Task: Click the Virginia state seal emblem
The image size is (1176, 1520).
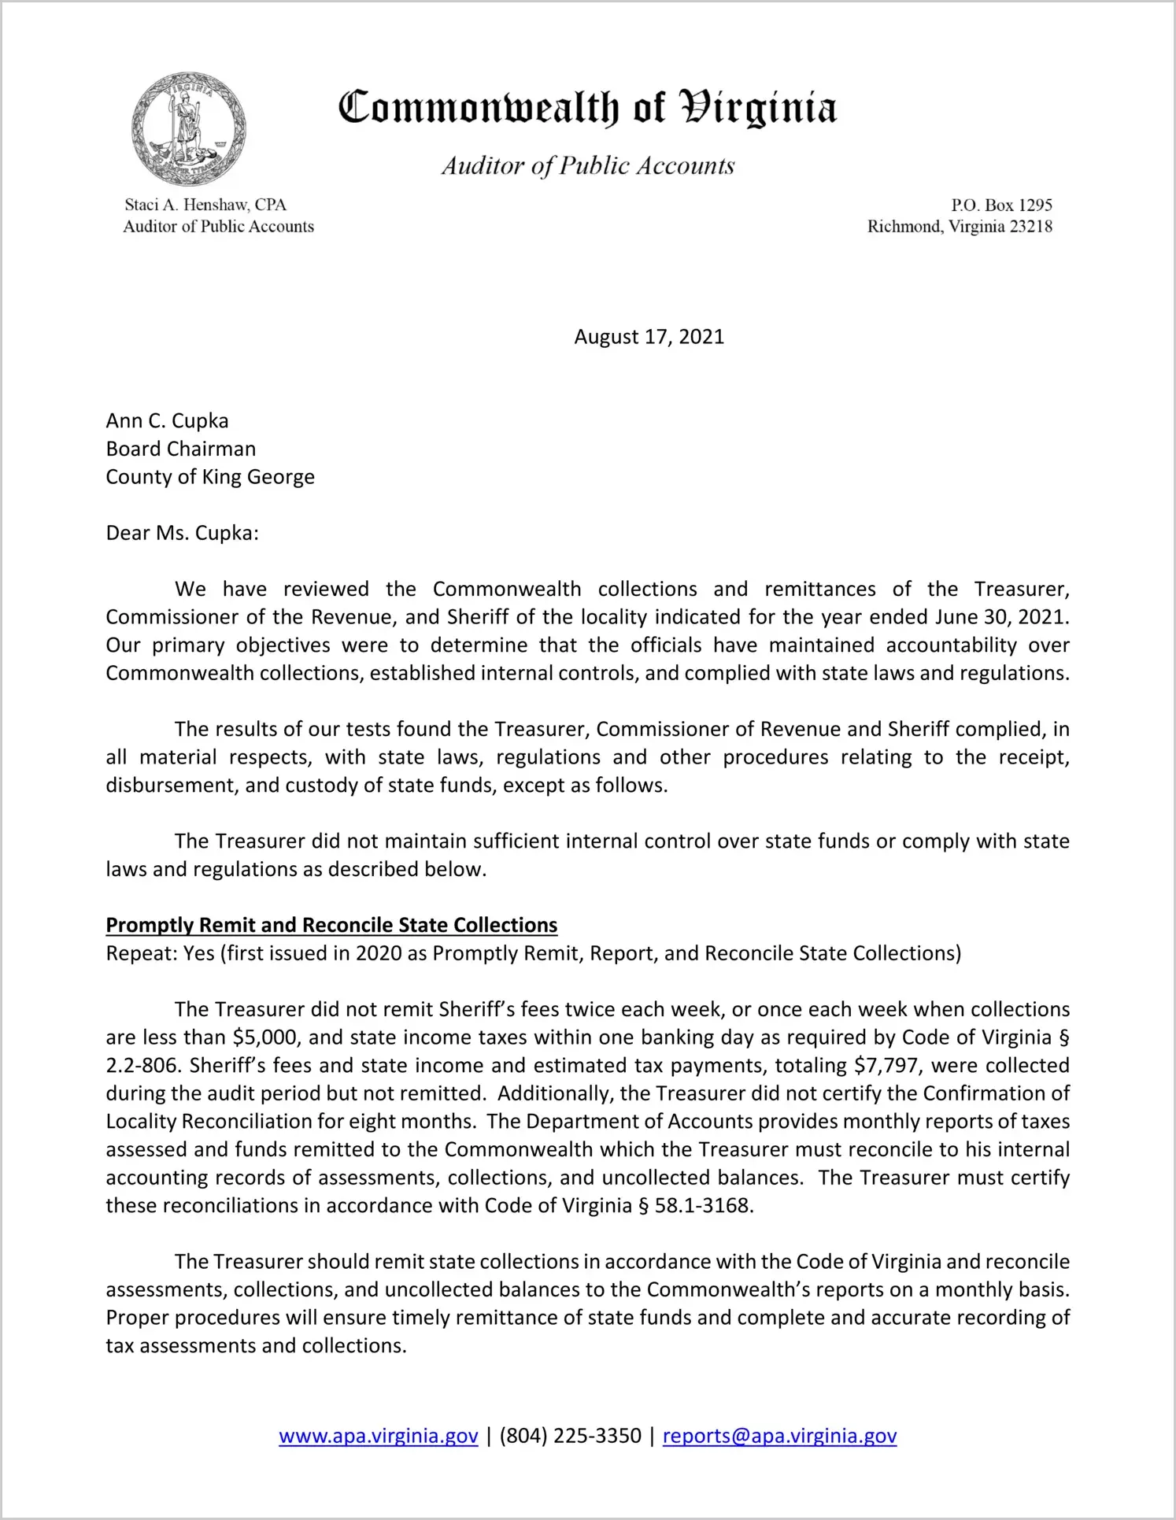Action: (188, 129)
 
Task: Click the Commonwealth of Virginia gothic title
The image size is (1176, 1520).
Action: (587, 108)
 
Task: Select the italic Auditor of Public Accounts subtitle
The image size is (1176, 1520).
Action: (587, 166)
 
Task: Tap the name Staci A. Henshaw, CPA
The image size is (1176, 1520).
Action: (205, 205)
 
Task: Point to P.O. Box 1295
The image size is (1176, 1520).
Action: (1001, 205)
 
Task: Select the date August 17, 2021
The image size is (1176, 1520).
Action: (649, 337)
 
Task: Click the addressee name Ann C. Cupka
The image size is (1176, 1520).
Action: (167, 421)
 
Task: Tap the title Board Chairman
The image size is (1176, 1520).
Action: (181, 449)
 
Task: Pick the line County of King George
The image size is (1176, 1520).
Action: (210, 477)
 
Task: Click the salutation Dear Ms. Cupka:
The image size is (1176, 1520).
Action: (182, 533)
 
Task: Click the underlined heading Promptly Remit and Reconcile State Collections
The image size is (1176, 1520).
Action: (331, 925)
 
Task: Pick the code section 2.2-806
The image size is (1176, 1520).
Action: (142, 1066)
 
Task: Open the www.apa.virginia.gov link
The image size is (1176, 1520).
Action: (378, 1436)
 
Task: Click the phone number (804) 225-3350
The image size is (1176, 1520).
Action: (570, 1436)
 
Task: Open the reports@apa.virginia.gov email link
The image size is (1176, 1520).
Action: (779, 1436)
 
